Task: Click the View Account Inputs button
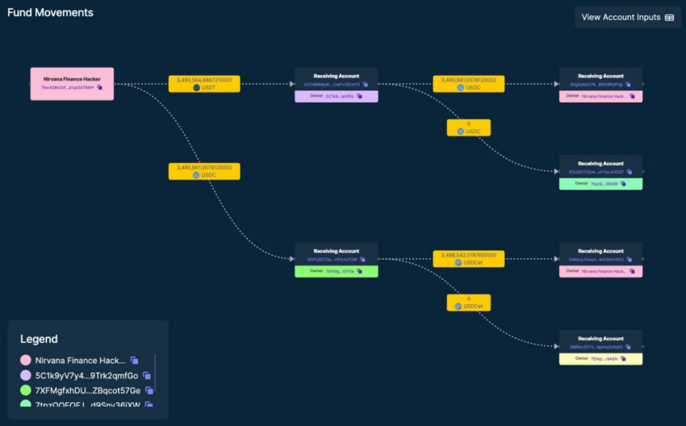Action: coord(627,17)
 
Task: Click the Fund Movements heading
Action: coord(50,13)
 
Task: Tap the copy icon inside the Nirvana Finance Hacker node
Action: coord(100,87)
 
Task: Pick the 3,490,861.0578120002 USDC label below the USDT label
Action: coord(204,170)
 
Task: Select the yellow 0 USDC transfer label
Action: coord(469,127)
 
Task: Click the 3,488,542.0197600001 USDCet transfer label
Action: coord(469,258)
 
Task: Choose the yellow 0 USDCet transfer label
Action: coord(469,303)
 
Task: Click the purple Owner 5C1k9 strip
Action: coord(337,96)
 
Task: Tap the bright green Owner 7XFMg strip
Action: coord(337,272)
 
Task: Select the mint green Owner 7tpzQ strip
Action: coord(600,184)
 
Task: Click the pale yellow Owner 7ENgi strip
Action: coord(600,359)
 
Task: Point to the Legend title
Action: coord(39,339)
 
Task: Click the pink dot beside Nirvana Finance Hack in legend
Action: coord(26,361)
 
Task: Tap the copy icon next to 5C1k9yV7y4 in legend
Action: coord(147,376)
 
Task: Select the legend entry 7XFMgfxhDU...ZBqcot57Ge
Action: coord(86,390)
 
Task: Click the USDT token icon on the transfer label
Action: coord(196,87)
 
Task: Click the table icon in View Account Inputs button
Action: coord(669,18)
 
